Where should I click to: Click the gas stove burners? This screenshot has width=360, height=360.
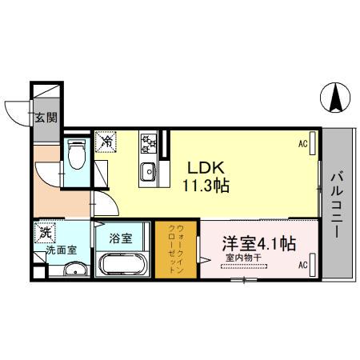(x=149, y=143)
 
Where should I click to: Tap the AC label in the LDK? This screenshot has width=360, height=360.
(x=303, y=144)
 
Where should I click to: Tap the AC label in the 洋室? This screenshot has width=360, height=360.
(x=303, y=264)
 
